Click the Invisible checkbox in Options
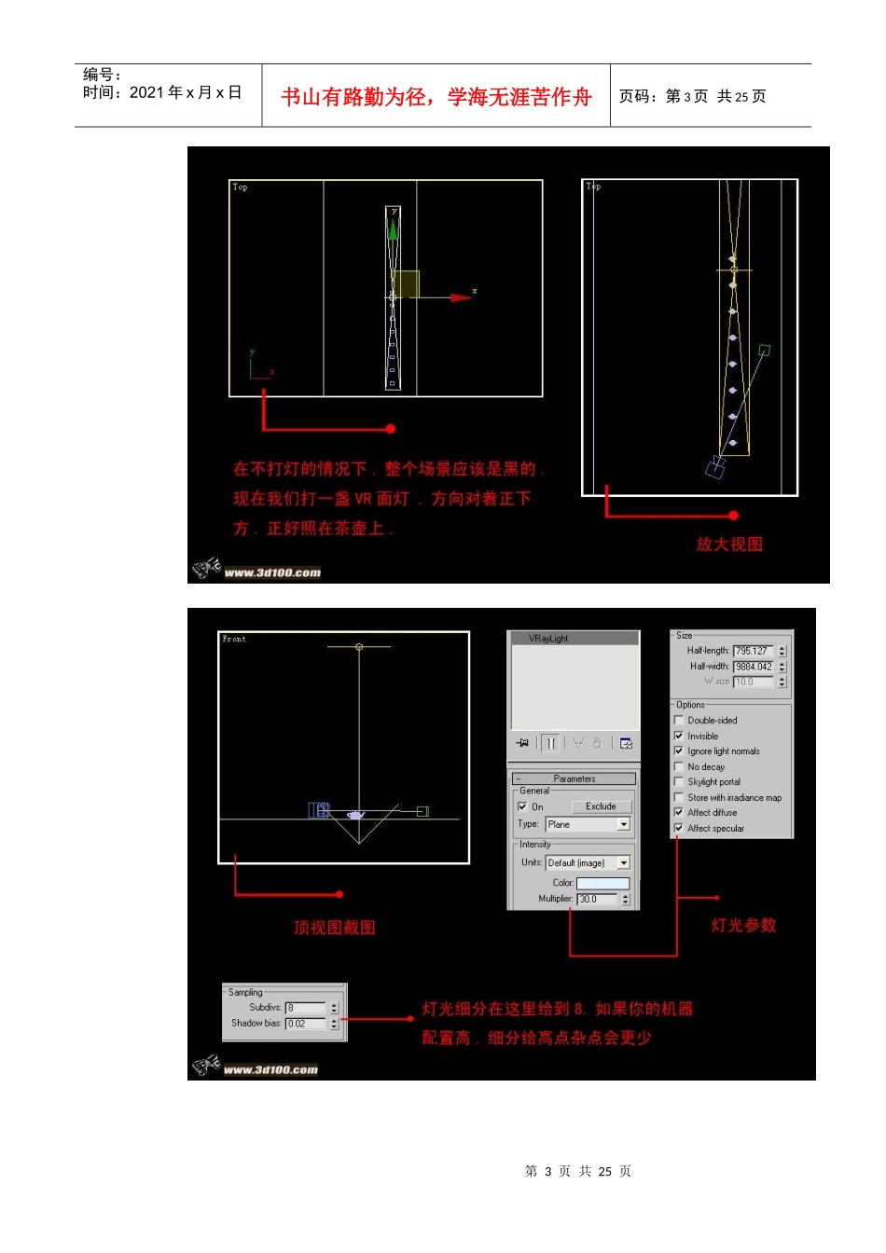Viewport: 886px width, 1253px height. click(679, 736)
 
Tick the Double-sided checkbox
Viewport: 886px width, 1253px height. click(679, 720)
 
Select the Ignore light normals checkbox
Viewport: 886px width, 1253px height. click(679, 750)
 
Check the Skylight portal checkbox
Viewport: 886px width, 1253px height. click(679, 781)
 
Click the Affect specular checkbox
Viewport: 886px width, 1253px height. click(679, 828)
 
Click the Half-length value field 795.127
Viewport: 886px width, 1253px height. click(753, 651)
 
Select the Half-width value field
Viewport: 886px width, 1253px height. click(753, 667)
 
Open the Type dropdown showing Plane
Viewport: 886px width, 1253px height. click(588, 824)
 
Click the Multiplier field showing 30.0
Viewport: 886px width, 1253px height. click(597, 900)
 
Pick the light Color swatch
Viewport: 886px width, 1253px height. click(602, 883)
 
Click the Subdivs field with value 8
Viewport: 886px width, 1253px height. click(306, 1008)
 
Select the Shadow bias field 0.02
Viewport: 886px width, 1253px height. click(306, 1024)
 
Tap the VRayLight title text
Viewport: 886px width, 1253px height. click(548, 639)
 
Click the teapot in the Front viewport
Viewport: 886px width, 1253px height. click(355, 815)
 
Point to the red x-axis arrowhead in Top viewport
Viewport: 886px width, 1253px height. click(461, 297)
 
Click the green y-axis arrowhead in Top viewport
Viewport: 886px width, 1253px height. click(393, 227)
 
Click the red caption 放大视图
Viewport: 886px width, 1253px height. click(729, 544)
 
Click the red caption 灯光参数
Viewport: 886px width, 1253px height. click(743, 925)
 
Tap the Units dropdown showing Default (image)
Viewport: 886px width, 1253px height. click(588, 863)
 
